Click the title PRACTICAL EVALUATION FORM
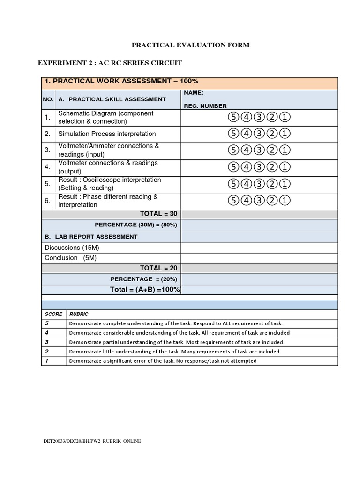click(x=190, y=45)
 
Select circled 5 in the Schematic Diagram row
click(x=233, y=117)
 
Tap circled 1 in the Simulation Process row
click(x=285, y=134)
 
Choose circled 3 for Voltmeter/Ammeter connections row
click(x=259, y=150)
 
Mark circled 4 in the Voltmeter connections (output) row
click(x=246, y=167)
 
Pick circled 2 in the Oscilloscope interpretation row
click(x=272, y=184)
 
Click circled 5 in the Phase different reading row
click(x=233, y=201)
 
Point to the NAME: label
click(x=194, y=93)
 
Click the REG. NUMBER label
click(x=205, y=106)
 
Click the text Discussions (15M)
click(x=72, y=247)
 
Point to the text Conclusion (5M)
click(x=70, y=258)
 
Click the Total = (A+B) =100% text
click(x=145, y=290)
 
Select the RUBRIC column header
click(x=79, y=314)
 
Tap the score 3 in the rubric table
click(x=47, y=342)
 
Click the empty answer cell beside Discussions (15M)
click(x=259, y=248)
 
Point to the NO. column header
click(x=48, y=99)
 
